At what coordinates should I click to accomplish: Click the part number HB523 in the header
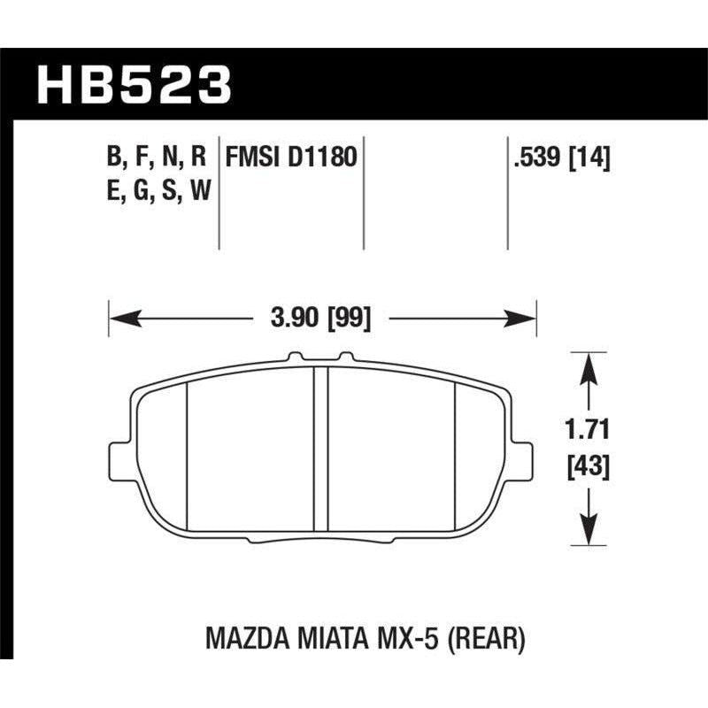tap(133, 87)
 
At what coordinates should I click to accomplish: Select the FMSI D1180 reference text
tap(291, 158)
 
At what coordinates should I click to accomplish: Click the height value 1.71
tap(586, 432)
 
